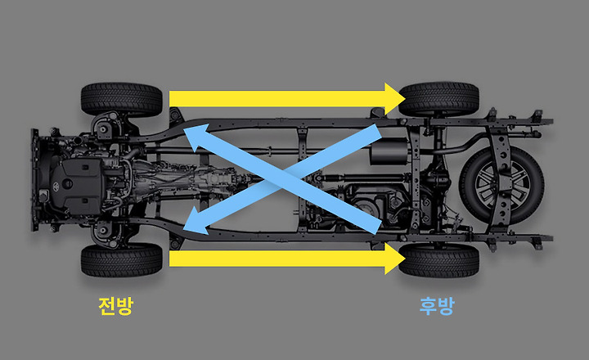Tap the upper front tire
click(x=122, y=97)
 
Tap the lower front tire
click(x=122, y=260)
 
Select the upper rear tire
click(x=438, y=98)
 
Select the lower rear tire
click(x=438, y=259)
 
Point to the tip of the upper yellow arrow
click(x=404, y=98)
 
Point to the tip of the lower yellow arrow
click(x=404, y=259)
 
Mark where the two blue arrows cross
click(x=282, y=178)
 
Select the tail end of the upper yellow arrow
click(x=173, y=98)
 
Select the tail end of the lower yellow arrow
click(x=173, y=259)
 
